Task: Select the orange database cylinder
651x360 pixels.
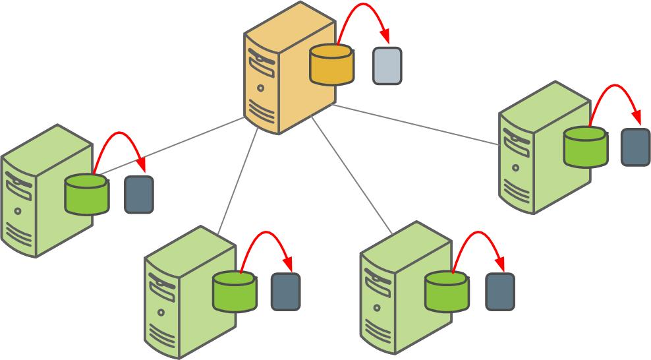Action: tap(331, 65)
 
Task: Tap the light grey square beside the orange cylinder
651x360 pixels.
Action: tap(387, 66)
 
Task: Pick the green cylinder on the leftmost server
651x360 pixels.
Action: tap(86, 194)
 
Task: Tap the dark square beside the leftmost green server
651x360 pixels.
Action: tap(139, 195)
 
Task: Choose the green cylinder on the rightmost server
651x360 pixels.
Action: tap(585, 146)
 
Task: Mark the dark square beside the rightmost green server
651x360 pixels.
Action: tap(635, 147)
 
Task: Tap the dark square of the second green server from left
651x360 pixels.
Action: tap(285, 291)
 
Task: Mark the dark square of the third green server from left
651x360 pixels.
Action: tap(499, 291)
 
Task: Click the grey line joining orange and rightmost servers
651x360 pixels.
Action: tap(415, 124)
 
